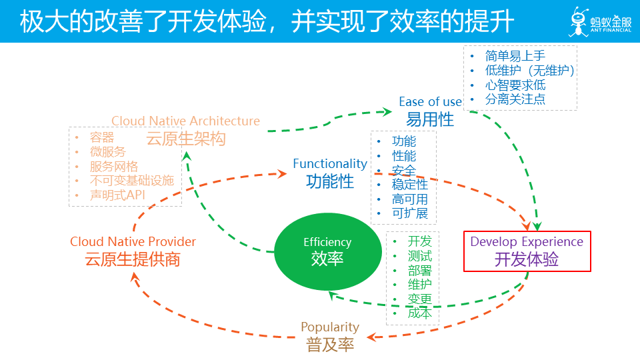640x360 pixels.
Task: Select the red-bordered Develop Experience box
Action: click(x=527, y=251)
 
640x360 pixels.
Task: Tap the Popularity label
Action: click(x=330, y=327)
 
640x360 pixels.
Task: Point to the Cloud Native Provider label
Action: click(x=133, y=241)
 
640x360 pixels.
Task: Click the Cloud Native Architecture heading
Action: click(x=185, y=121)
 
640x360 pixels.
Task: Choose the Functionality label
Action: click(x=330, y=163)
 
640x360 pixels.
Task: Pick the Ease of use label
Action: click(x=430, y=101)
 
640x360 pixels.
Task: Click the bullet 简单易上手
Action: click(x=515, y=56)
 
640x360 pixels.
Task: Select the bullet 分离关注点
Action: click(x=515, y=99)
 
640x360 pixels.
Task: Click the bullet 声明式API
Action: click(x=117, y=195)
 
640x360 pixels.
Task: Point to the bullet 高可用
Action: click(x=409, y=199)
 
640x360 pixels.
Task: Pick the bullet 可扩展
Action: click(x=409, y=214)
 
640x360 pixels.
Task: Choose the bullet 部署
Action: click(x=420, y=270)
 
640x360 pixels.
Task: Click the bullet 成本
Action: click(x=420, y=313)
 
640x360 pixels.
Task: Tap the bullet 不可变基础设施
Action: click(x=131, y=181)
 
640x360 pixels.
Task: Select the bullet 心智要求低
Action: click(x=515, y=85)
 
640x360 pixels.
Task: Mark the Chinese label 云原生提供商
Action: click(x=133, y=259)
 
